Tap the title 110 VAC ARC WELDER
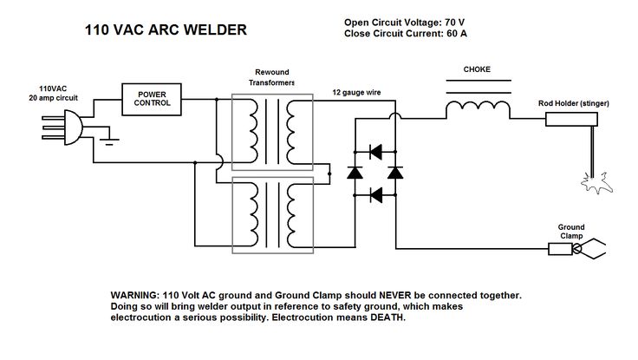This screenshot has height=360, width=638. [x=166, y=29]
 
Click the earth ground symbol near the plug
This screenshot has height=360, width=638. [x=109, y=141]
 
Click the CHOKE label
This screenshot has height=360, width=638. [x=477, y=69]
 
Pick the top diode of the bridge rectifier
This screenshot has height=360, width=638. [x=375, y=152]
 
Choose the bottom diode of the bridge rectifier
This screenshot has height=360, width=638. [x=375, y=195]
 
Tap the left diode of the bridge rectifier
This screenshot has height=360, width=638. [x=355, y=173]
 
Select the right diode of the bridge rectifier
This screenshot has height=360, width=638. [x=395, y=173]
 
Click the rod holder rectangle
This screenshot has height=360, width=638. [x=571, y=120]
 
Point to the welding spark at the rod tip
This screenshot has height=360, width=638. [x=596, y=184]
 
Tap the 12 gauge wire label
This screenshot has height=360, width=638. [x=356, y=93]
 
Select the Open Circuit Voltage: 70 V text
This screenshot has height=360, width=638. [x=404, y=23]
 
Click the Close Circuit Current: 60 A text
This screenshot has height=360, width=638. [x=406, y=33]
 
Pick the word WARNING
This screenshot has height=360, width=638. [x=134, y=295]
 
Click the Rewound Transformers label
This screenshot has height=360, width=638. [x=272, y=77]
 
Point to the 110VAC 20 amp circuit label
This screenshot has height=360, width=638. [x=53, y=94]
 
